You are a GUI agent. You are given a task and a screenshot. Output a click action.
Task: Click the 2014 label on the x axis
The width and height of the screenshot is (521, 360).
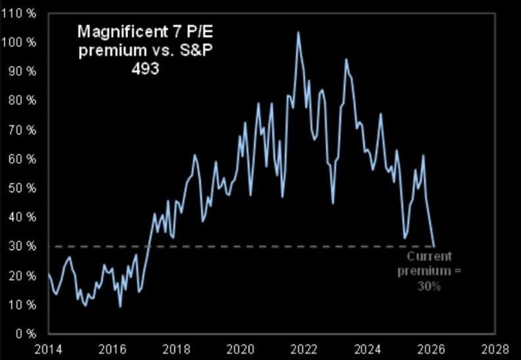pyautogui.click(x=49, y=348)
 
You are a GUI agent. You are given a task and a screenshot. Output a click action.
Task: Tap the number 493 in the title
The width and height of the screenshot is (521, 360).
pyautogui.click(x=145, y=68)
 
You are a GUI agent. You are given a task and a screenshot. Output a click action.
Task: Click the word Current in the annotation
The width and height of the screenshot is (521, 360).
pyautogui.click(x=429, y=257)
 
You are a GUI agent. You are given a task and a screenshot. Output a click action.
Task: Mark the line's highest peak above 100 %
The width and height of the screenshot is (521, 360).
pyautogui.click(x=298, y=32)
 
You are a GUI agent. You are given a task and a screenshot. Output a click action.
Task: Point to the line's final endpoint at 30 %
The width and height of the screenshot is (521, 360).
pyautogui.click(x=434, y=245)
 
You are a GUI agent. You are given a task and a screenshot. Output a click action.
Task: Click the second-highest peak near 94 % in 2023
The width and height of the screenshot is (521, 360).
pyautogui.click(x=346, y=59)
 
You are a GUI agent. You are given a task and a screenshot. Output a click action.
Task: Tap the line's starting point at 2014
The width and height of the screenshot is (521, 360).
pyautogui.click(x=49, y=273)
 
